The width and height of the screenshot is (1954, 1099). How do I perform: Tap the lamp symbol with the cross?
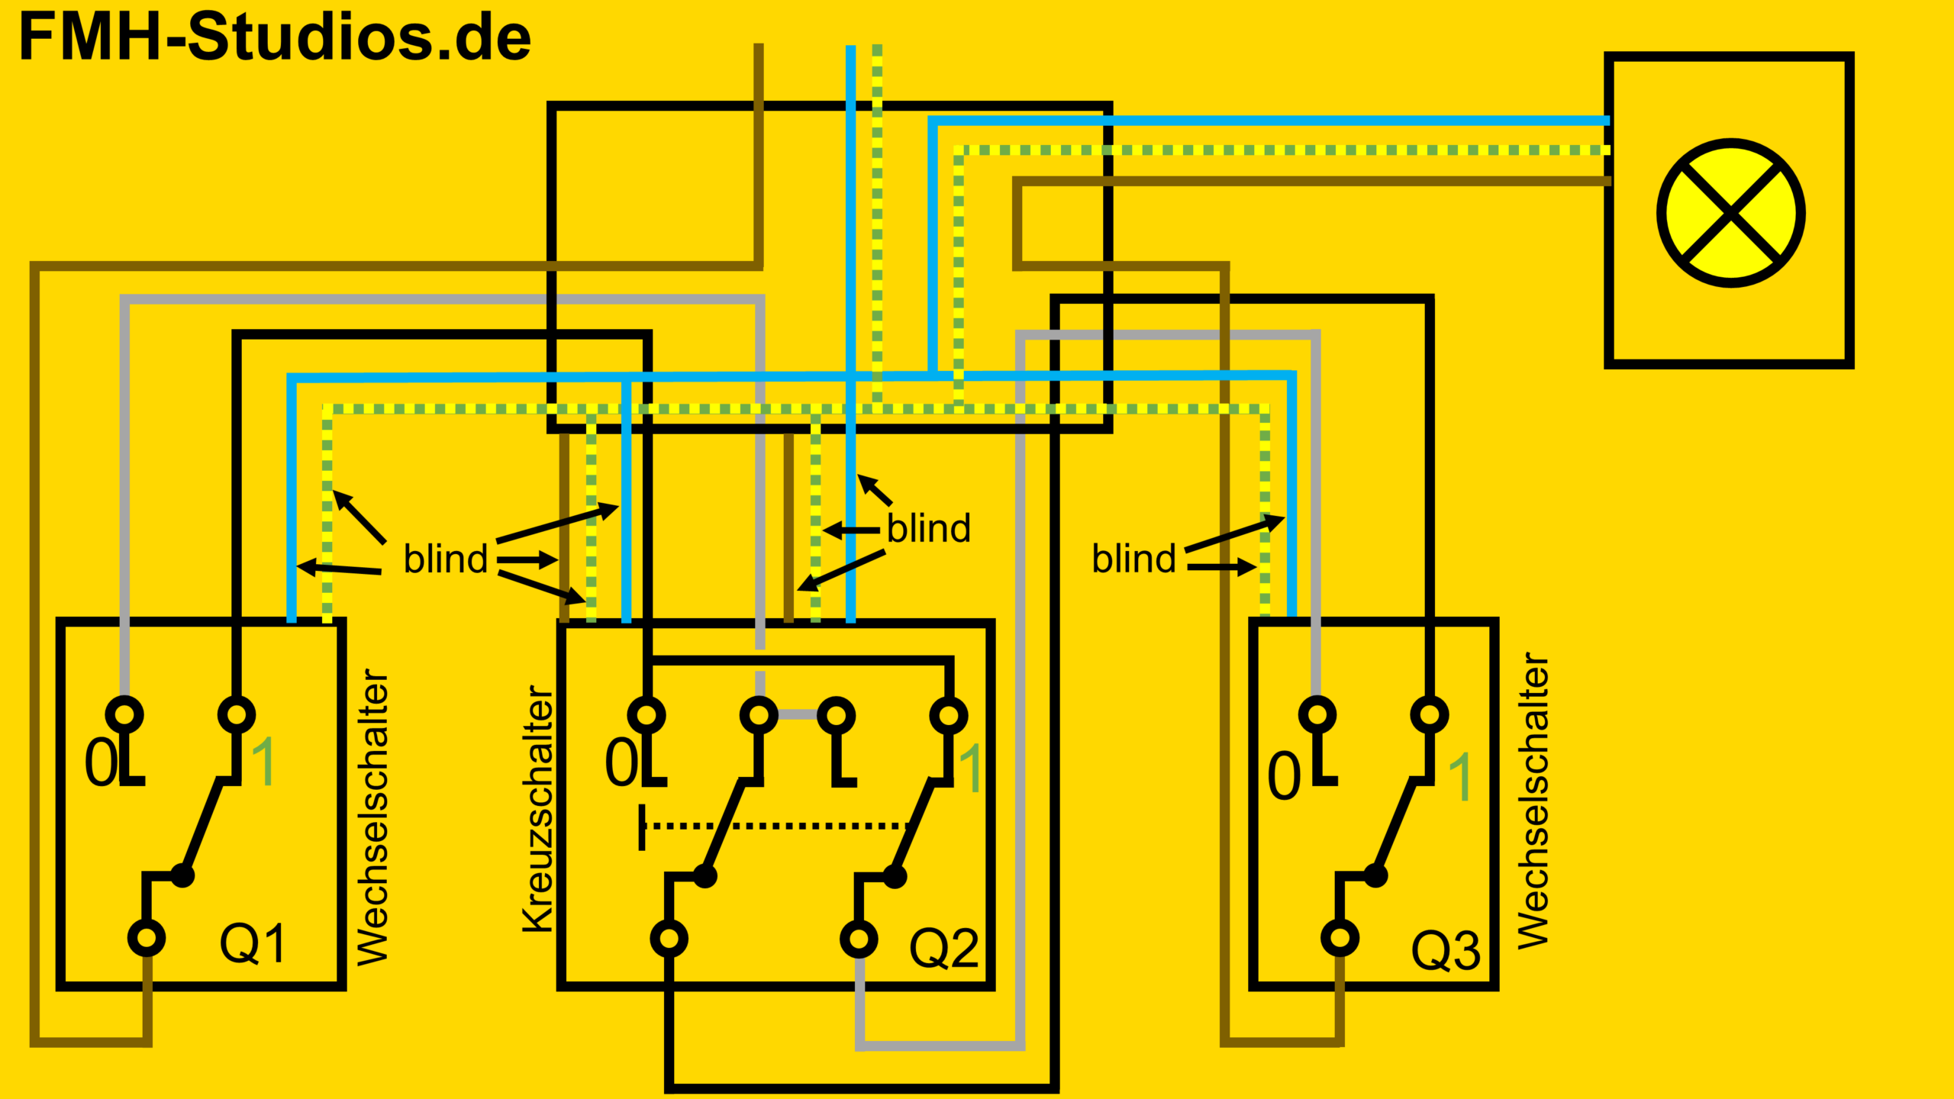1730,213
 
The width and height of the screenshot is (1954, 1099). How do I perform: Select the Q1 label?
253,943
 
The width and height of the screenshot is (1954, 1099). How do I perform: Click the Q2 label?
944,949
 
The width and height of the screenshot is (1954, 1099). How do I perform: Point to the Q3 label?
1446,951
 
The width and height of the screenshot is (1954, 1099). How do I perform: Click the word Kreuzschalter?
538,808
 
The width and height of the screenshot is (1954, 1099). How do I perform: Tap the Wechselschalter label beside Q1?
373,817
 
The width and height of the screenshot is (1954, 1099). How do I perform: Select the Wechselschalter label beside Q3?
1533,801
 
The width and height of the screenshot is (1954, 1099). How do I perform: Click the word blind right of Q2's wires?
929,528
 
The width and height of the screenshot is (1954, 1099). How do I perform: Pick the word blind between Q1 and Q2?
446,559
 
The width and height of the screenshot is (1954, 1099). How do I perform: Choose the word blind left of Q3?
1134,558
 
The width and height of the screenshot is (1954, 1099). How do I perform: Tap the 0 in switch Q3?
1284,775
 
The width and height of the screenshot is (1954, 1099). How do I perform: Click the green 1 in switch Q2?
970,768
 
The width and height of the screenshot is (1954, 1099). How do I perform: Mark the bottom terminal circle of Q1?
147,937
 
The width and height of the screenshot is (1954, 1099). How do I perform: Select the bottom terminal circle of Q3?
1340,937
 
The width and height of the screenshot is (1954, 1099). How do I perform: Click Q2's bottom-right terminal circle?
859,939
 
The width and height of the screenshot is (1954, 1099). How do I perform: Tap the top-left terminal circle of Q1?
124,715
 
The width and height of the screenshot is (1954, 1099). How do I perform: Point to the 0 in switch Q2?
621,762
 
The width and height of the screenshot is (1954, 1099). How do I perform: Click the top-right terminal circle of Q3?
1430,715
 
